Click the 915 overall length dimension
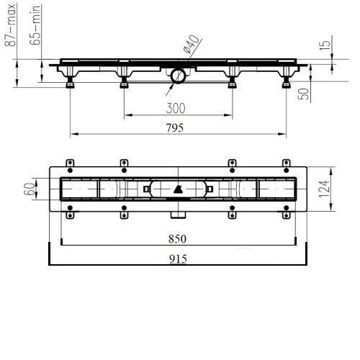pos(178,258)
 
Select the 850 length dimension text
pos(177,239)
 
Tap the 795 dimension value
pos(175,127)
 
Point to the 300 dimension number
pos(176,108)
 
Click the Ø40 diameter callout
pos(191,44)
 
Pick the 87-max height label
pos(11,24)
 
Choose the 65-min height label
pos(35,25)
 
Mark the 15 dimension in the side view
pos(325,45)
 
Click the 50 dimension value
pos(304,94)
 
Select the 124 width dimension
pos(324,189)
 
